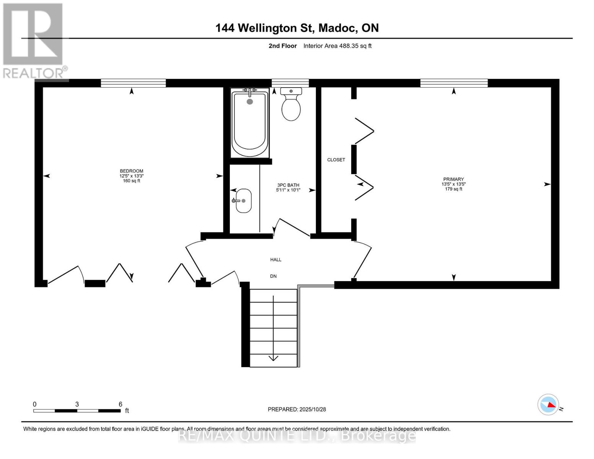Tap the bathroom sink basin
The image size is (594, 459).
[243, 201]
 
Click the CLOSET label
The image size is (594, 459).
[336, 160]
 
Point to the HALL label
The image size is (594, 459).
[276, 260]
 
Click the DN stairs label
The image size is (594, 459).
[273, 276]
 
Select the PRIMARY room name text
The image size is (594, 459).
[453, 179]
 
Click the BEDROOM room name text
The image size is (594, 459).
[132, 171]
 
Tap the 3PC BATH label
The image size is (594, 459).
[288, 185]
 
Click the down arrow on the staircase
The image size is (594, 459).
[273, 357]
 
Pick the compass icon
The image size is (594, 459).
[548, 404]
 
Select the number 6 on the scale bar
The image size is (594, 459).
[120, 404]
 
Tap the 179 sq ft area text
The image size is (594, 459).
[453, 189]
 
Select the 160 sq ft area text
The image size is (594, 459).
[132, 181]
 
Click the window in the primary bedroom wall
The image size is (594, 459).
[454, 83]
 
